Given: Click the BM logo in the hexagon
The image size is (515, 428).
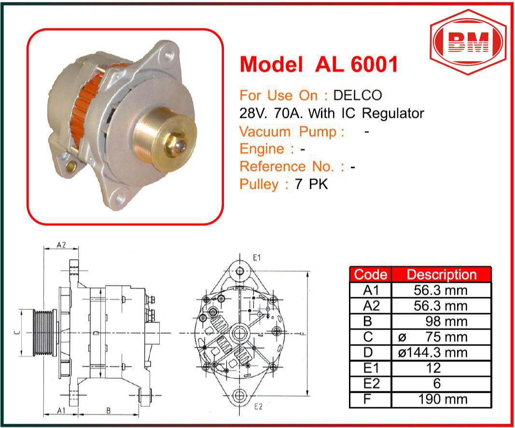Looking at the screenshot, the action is click(x=468, y=41).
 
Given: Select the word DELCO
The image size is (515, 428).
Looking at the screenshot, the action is click(x=357, y=95).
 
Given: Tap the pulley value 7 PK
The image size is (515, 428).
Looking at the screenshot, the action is click(x=311, y=184).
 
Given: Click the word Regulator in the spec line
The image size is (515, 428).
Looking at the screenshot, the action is click(x=393, y=113).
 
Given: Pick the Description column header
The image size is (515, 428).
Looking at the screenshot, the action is click(x=442, y=275).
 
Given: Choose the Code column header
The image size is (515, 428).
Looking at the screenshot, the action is click(x=371, y=275).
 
